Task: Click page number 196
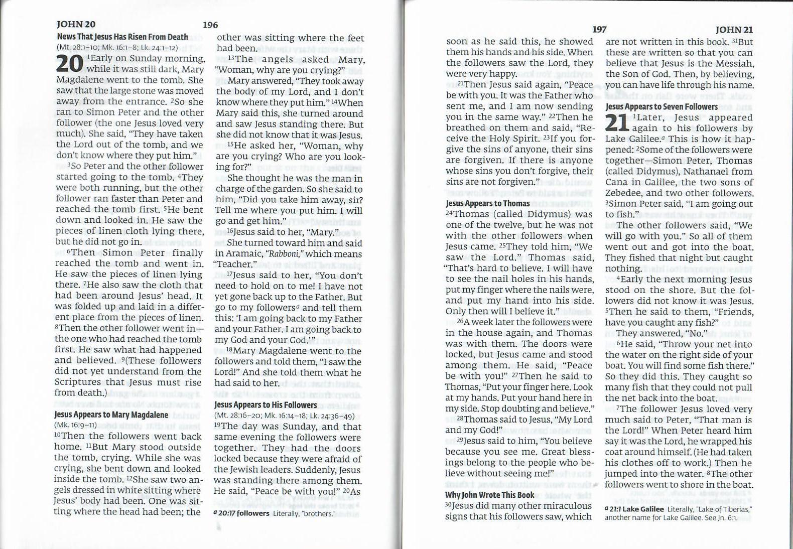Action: tap(210, 25)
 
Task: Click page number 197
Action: tap(599, 30)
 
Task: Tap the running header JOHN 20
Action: tap(76, 24)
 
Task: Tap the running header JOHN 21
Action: tap(734, 30)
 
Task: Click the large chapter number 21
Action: tap(617, 123)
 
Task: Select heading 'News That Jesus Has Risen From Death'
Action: tap(122, 37)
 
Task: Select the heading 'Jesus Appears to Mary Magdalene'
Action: tap(111, 415)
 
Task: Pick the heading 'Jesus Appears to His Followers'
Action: tap(266, 404)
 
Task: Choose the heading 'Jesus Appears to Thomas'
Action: tap(487, 203)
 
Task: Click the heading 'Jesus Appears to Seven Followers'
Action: tap(662, 106)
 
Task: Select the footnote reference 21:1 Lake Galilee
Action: tap(637, 509)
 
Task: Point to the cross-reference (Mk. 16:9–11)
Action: tap(75, 425)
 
